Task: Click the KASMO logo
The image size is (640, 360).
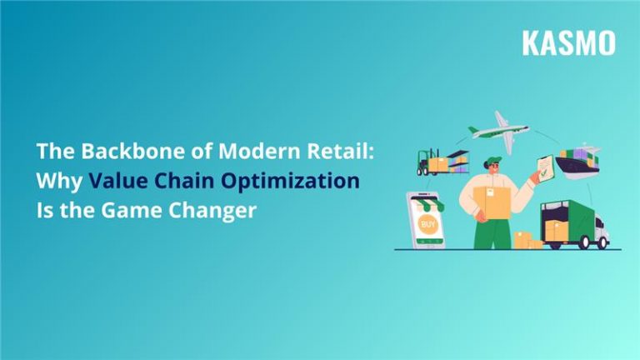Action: pos(568,42)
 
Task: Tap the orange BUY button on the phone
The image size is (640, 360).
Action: pos(427,225)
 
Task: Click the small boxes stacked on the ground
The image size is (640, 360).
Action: pos(526,240)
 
